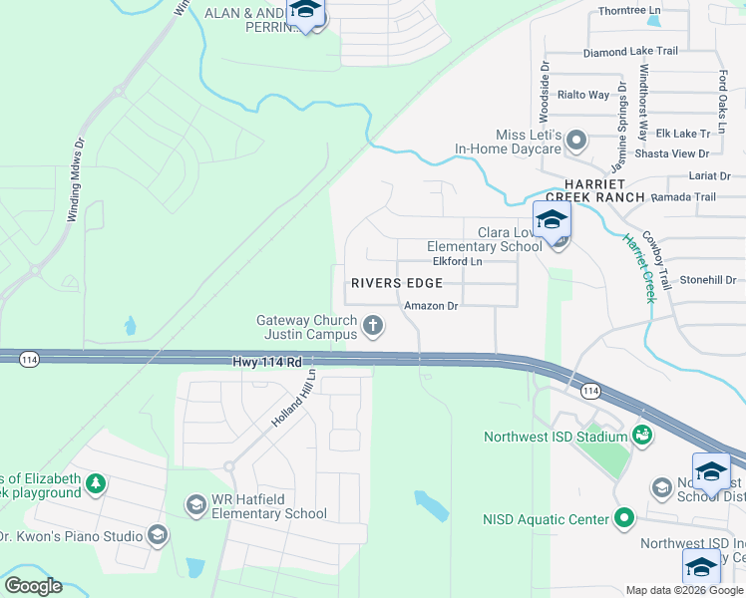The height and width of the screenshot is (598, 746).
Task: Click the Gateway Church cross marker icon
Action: (x=373, y=325)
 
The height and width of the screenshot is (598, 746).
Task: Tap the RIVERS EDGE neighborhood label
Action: (x=396, y=283)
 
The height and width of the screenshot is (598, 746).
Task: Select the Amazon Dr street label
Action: (x=430, y=306)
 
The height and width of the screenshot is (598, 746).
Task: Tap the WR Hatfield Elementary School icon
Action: (x=196, y=506)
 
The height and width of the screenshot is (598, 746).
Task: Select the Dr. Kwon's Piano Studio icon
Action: (x=157, y=536)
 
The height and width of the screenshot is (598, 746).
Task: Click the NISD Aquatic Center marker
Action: (x=624, y=518)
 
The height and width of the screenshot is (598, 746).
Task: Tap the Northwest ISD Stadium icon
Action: (x=642, y=436)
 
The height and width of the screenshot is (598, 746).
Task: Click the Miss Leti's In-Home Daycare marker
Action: (x=576, y=142)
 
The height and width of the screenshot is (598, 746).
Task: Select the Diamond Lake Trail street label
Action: (x=630, y=52)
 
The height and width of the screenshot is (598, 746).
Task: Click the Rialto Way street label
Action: (x=583, y=95)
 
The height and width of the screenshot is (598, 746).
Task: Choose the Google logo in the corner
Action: (x=33, y=586)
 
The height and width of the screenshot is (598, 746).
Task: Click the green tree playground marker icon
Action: (x=95, y=484)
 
